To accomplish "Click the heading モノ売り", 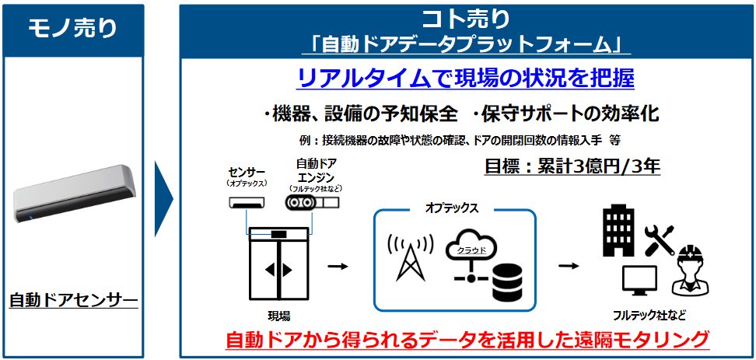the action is click(x=73, y=29).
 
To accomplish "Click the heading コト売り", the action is click(x=466, y=19).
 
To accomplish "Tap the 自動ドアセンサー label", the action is click(x=73, y=301).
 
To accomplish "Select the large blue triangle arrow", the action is click(x=163, y=198).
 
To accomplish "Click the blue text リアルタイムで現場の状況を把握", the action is click(x=466, y=79).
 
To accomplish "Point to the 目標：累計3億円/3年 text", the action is click(x=572, y=166).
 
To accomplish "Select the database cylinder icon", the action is click(x=508, y=282).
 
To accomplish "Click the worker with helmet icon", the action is click(x=692, y=270).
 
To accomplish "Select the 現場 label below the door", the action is click(x=278, y=316).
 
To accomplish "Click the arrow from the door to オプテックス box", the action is click(x=338, y=266).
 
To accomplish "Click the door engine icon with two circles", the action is click(x=311, y=202).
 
